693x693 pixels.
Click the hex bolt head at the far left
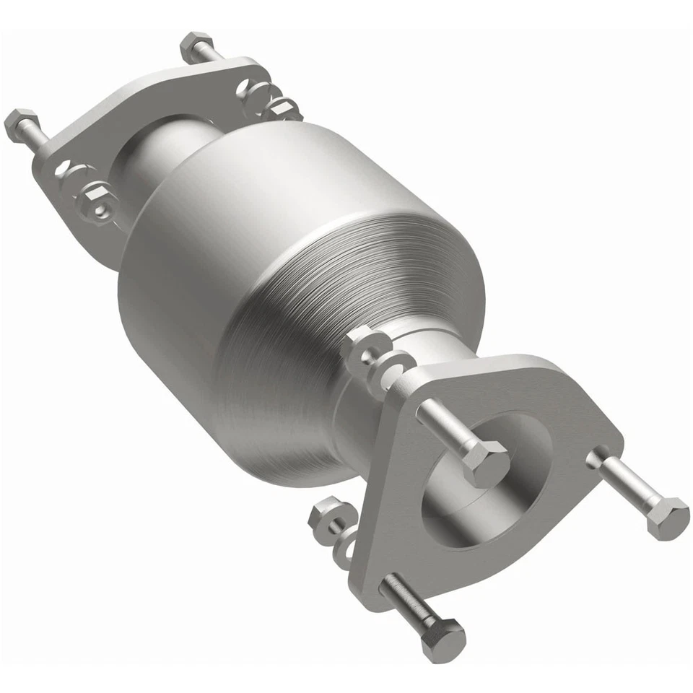pos(21,124)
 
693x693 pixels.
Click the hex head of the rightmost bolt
pos(667,518)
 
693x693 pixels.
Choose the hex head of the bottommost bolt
pos(443,640)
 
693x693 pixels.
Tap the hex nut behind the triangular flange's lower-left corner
pos(323,518)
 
